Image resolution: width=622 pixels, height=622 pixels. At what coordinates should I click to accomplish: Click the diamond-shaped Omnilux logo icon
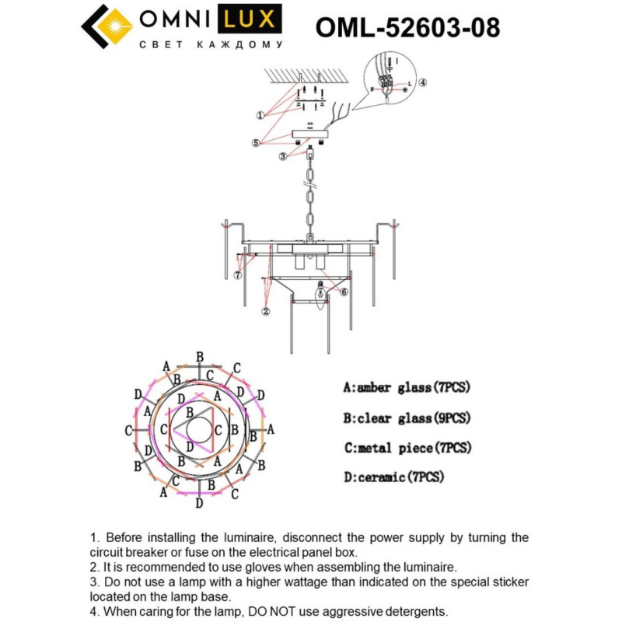coord(108,27)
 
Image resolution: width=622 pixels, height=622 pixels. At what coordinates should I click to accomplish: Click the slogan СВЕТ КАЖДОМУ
coord(210,45)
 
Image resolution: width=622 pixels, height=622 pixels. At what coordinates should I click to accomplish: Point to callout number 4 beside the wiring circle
coord(422,82)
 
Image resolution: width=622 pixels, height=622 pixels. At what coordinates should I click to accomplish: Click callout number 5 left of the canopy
coord(255,142)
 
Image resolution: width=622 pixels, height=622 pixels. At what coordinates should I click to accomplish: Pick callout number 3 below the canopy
coord(285,156)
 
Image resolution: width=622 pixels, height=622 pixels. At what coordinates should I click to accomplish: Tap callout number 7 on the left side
coord(237,274)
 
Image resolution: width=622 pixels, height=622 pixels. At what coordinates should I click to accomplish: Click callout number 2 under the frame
coord(266,311)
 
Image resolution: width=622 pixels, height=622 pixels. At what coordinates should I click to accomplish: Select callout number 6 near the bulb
coord(344,292)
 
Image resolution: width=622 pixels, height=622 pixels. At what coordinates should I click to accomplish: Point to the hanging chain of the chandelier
coord(309,194)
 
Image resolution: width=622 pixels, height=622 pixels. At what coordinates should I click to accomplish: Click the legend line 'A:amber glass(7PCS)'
coord(407,386)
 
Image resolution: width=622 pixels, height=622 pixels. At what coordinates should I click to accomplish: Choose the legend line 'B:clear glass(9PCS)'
coord(407,418)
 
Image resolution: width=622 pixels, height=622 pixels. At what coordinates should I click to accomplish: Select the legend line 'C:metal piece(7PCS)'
coord(407,448)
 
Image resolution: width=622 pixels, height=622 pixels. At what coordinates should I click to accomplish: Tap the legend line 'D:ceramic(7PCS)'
coord(393,477)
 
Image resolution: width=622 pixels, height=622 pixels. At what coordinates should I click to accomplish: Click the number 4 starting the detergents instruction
coord(95,612)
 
